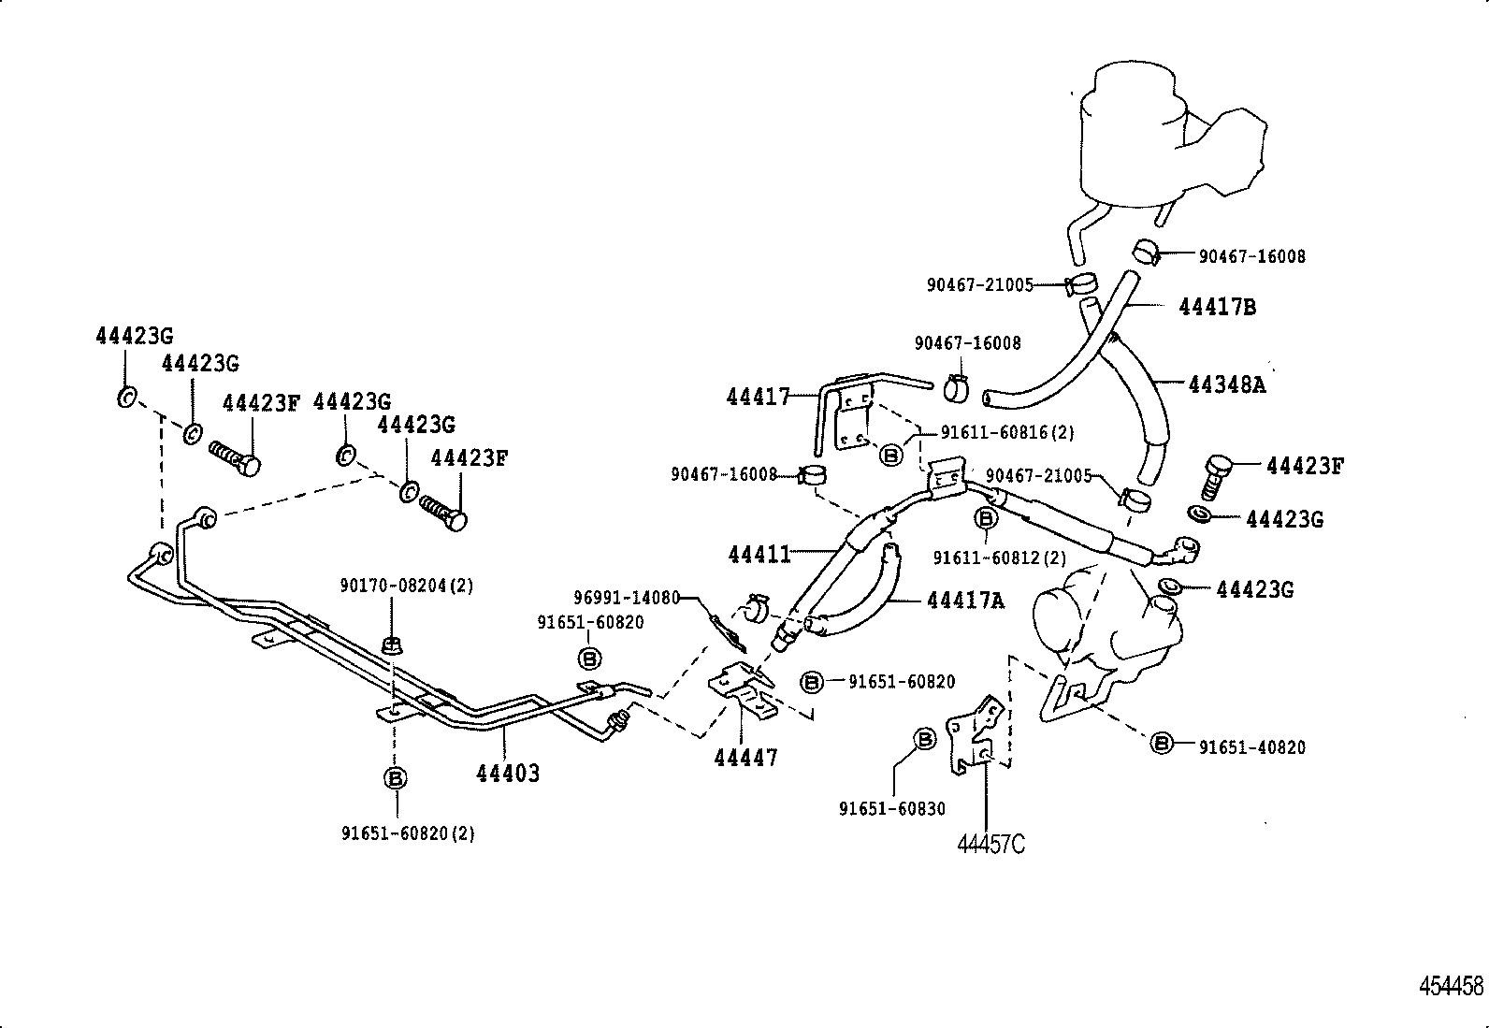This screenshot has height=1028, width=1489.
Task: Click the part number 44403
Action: tap(508, 774)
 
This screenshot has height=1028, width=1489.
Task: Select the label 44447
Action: tap(745, 758)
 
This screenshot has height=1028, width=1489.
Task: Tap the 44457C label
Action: tap(990, 844)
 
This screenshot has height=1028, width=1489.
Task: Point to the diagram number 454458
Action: tap(1451, 986)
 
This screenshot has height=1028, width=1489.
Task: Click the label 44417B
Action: tap(1217, 307)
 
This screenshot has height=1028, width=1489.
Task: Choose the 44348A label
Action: tap(1226, 384)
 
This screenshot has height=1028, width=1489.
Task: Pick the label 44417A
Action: tap(965, 601)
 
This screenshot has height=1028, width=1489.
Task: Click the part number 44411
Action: tap(759, 555)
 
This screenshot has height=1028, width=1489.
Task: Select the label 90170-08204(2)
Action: tap(406, 586)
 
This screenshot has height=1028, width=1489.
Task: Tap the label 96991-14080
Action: tap(626, 597)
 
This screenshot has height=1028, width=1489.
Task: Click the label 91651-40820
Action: tap(1252, 746)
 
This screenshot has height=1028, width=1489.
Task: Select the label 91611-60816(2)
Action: tap(1007, 432)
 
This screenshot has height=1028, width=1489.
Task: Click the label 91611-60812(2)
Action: tap(999, 557)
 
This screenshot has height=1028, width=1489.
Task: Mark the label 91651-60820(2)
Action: tap(407, 833)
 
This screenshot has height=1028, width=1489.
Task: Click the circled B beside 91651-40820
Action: tap(1162, 743)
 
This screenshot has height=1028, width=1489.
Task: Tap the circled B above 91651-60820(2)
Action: tap(395, 778)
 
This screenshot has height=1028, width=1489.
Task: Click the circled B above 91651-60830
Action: tap(924, 740)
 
